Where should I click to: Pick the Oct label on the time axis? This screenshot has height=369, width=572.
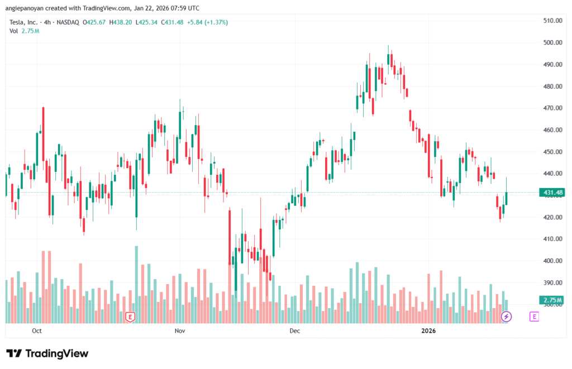click(37, 330)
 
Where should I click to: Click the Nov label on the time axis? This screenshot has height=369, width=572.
click(180, 330)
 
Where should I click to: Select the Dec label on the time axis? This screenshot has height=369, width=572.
click(295, 330)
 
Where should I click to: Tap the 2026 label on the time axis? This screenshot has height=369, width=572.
click(428, 330)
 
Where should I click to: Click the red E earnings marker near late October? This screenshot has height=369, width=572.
click(130, 317)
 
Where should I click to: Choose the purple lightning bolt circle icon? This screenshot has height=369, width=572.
click(506, 317)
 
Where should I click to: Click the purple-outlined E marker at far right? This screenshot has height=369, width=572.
click(534, 317)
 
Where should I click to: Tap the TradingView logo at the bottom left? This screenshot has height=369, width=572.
click(47, 353)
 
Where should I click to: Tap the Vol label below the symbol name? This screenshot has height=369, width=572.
click(13, 31)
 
